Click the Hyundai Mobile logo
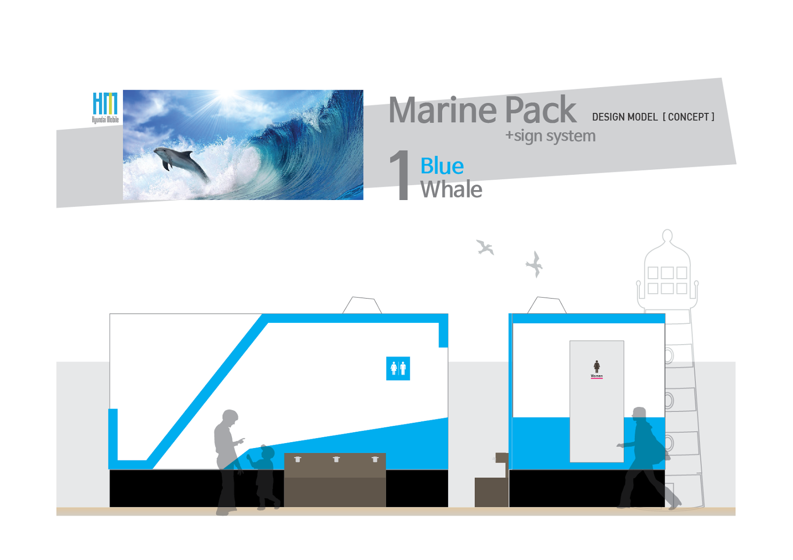click(x=105, y=107)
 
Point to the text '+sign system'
click(x=550, y=136)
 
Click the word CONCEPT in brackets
click(x=688, y=117)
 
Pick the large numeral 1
click(x=400, y=176)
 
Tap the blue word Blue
click(x=442, y=166)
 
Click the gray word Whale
click(x=451, y=190)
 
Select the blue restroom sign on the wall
click(x=398, y=368)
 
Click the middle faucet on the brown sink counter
click(x=336, y=459)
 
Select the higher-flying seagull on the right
click(x=535, y=264)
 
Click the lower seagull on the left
click(x=485, y=247)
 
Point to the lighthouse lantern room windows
click(x=667, y=280)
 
